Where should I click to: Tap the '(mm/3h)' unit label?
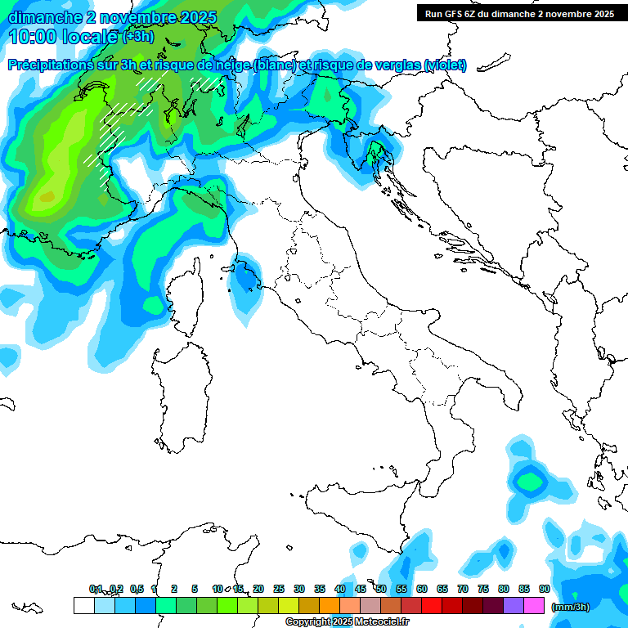[571, 606]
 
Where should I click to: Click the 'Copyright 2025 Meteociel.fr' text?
[347, 621]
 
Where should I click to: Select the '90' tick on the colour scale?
[545, 589]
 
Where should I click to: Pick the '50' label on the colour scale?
[381, 589]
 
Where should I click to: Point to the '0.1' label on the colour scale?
[95, 589]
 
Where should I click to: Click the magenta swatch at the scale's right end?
[534, 605]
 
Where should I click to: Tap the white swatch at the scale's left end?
[83, 605]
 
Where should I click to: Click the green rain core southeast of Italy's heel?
[529, 480]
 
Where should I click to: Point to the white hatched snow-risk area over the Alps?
[123, 114]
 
